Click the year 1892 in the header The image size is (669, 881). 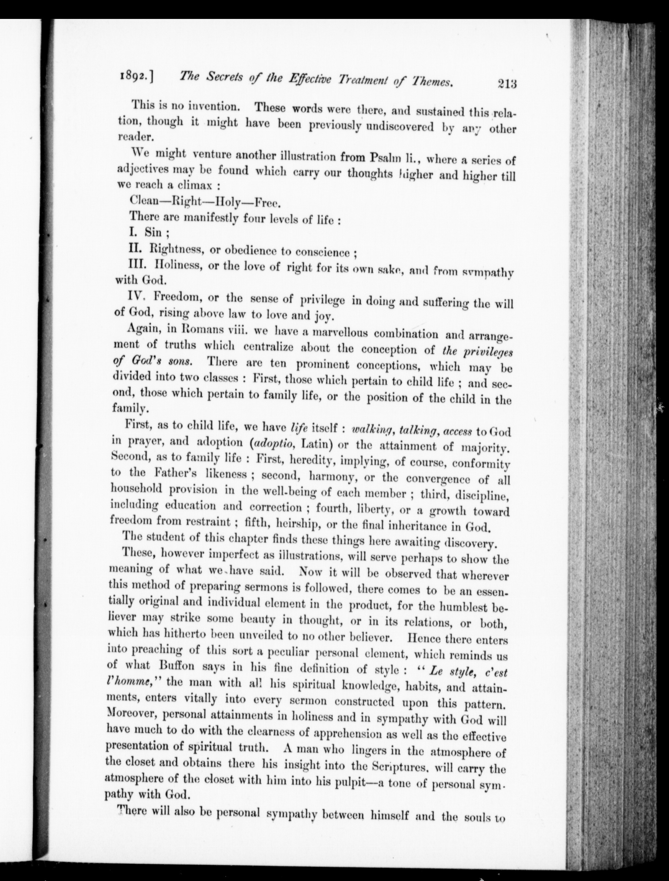(134, 75)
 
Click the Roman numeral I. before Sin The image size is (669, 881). (134, 231)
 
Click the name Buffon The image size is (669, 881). (177, 666)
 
